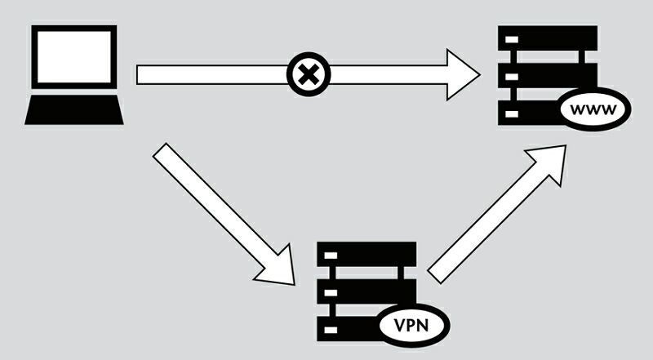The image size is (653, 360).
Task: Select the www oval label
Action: (595, 109)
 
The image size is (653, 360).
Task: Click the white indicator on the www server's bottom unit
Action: (512, 114)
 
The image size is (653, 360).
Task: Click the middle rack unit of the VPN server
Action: (367, 291)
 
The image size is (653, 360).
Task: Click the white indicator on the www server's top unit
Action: (512, 39)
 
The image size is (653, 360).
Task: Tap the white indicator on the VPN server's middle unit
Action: (331, 291)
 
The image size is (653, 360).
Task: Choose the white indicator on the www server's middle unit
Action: (512, 77)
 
